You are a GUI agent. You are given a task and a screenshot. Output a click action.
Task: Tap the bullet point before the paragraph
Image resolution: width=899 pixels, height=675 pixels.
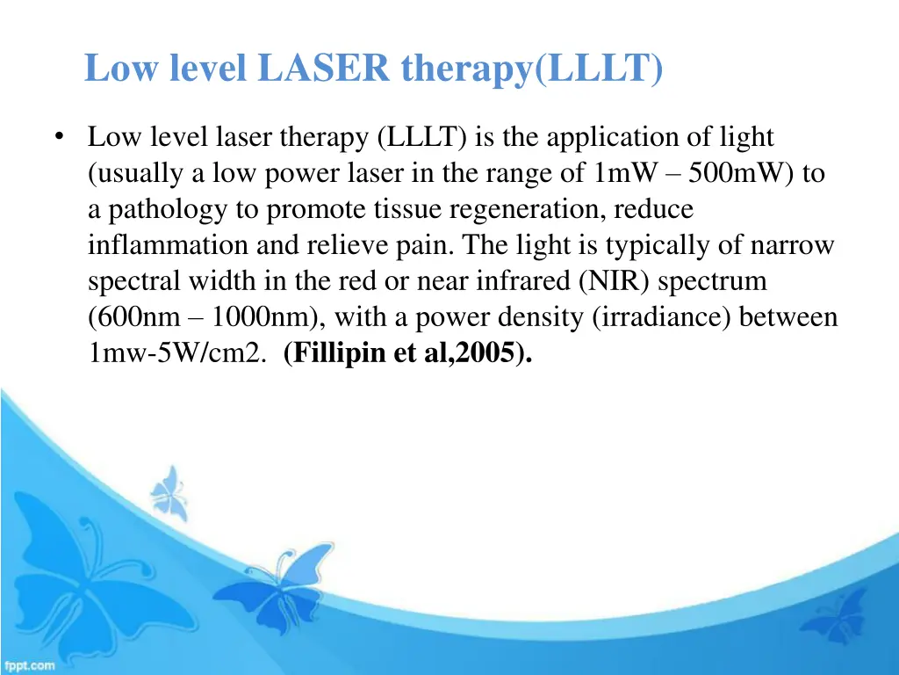[x=59, y=138]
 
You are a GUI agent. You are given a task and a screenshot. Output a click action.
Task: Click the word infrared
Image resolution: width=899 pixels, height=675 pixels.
[x=525, y=281]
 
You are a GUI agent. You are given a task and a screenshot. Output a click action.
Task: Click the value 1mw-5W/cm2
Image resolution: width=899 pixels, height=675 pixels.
[x=174, y=353]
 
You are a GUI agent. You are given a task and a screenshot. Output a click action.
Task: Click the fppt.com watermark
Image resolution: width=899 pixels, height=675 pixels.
[x=29, y=665]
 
